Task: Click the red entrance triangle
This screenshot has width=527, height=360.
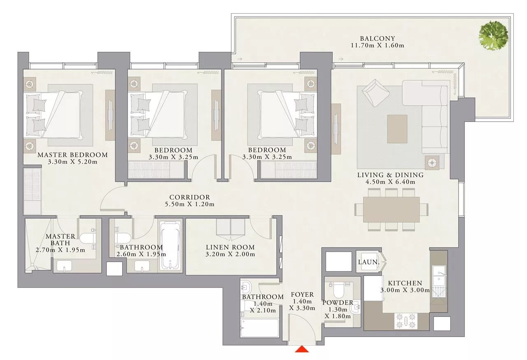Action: click(302, 349)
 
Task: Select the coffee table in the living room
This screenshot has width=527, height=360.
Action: click(397, 129)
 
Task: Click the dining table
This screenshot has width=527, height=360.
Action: click(391, 209)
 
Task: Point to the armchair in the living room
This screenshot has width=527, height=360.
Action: click(375, 93)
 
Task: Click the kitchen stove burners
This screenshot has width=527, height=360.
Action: click(406, 321)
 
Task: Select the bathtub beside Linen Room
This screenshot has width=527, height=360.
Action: click(170, 245)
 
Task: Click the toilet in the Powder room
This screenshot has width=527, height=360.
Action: click(339, 290)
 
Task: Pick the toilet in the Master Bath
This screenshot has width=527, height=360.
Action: click(88, 238)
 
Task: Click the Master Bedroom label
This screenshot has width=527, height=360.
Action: click(73, 155)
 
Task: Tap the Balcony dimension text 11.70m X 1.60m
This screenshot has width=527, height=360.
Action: click(378, 45)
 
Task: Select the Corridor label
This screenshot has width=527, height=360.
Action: click(190, 197)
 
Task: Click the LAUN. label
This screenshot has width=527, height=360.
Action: click(368, 262)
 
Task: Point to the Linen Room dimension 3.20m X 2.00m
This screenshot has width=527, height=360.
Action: click(230, 254)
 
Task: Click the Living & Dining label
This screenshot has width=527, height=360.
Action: click(391, 175)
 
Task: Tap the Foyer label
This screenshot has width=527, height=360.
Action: click(302, 295)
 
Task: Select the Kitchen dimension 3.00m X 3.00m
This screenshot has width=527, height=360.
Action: click(405, 290)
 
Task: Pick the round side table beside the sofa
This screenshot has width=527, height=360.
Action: click(432, 163)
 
